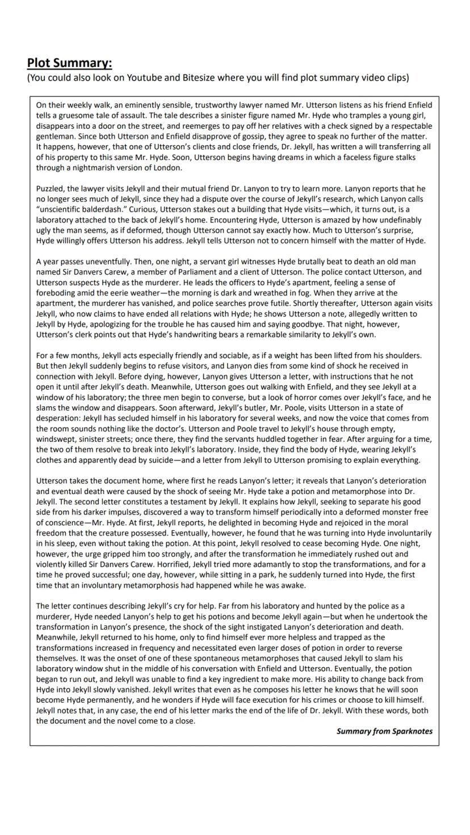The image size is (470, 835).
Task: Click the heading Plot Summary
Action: point(69,63)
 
